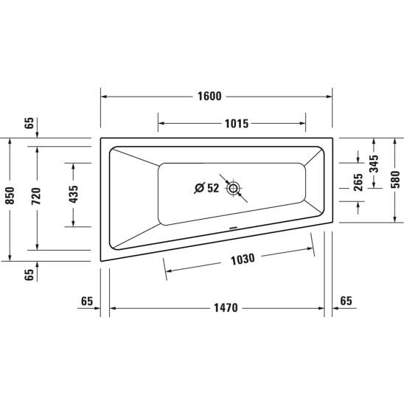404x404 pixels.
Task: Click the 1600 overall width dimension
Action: tap(209, 97)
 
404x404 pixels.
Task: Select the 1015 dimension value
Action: tap(237, 124)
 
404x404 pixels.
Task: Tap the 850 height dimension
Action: tap(10, 195)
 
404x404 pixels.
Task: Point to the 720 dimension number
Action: tap(36, 196)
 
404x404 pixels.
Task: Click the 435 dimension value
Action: tap(74, 194)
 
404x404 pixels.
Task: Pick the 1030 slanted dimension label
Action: tap(243, 260)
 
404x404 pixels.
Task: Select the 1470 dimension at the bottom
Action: tap(226, 307)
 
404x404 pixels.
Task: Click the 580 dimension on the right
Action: tap(395, 180)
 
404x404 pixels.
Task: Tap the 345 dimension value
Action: tap(374, 164)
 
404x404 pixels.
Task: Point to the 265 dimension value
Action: tap(358, 182)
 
